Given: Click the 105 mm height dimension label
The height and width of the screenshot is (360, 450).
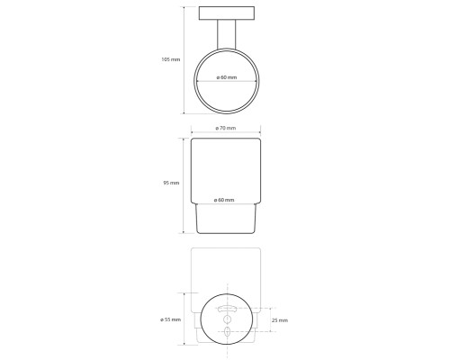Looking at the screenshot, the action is pyautogui.click(x=171, y=59).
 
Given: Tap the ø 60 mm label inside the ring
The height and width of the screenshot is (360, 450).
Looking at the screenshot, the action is pyautogui.click(x=227, y=77).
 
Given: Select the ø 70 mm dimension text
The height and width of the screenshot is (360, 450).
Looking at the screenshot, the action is pyautogui.click(x=226, y=128).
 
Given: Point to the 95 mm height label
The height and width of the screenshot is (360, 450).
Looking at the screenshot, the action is pyautogui.click(x=171, y=183).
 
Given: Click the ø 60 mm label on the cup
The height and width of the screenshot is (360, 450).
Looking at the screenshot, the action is pyautogui.click(x=224, y=200).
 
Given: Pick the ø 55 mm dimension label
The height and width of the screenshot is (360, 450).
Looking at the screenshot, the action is pyautogui.click(x=170, y=319).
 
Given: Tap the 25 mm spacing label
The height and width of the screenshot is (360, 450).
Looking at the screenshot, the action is pyautogui.click(x=280, y=320).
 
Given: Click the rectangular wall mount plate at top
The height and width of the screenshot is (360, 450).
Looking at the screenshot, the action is pyautogui.click(x=227, y=13).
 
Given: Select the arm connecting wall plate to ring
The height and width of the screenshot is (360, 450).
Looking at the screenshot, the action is pyautogui.click(x=227, y=34).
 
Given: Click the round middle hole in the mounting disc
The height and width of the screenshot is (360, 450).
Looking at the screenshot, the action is pyautogui.click(x=227, y=319).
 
